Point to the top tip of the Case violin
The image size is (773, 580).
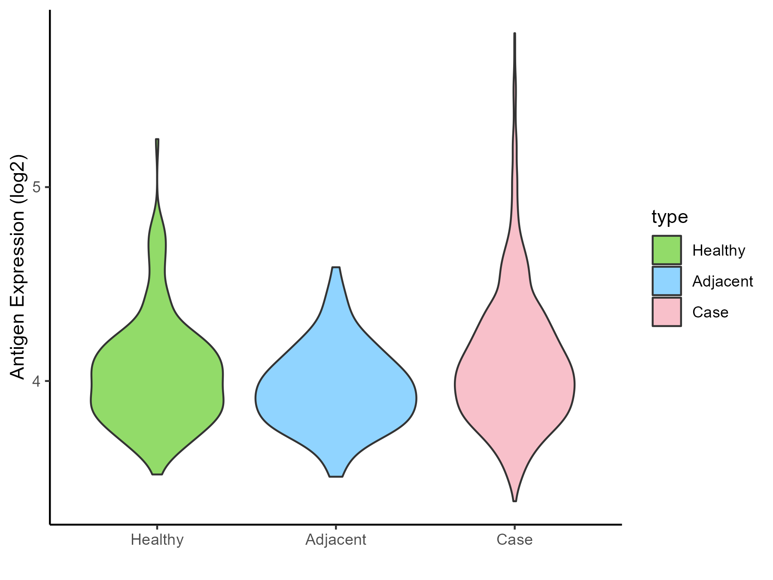click(514, 34)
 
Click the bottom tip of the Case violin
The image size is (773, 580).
click(514, 501)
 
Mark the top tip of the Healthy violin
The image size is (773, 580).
click(157, 140)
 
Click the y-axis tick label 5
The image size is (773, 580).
click(37, 187)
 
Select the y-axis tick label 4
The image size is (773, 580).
click(37, 381)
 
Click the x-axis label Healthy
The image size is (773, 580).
click(157, 540)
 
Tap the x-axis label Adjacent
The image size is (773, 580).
click(336, 540)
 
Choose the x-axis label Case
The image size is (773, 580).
click(514, 540)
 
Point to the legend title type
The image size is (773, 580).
click(670, 217)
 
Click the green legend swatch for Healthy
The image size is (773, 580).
click(666, 250)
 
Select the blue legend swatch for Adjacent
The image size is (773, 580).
click(666, 281)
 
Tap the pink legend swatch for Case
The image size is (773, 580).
click(666, 312)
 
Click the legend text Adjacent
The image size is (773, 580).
click(722, 281)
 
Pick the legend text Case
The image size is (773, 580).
click(710, 312)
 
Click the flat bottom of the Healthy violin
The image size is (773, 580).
click(157, 474)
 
